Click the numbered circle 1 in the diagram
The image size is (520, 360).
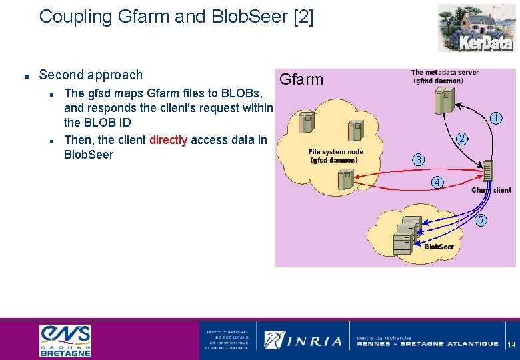point(496,119)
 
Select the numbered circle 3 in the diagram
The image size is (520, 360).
point(417,160)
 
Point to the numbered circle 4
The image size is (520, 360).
point(437,182)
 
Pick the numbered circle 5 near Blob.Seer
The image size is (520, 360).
point(481,221)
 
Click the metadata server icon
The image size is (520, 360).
point(442,100)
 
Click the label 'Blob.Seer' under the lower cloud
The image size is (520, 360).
point(439,247)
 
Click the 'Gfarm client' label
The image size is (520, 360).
point(491,190)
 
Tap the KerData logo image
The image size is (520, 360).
point(475,27)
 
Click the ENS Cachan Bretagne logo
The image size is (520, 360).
point(65,340)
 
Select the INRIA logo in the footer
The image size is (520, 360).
point(303,340)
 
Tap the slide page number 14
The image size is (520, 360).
point(511,345)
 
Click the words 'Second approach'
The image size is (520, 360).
point(91,75)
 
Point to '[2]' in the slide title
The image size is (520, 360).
point(303,17)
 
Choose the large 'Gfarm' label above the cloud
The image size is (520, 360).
point(301,80)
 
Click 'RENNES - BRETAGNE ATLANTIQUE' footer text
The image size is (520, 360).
point(427,344)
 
